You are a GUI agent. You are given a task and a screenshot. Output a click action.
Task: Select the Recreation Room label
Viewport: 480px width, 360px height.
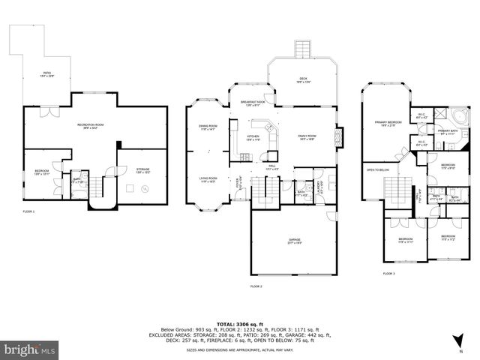click(x=89, y=126)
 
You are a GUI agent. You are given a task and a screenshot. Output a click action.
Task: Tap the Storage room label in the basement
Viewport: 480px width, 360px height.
click(x=142, y=171)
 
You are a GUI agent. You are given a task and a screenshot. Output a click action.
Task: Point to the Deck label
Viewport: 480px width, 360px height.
click(x=303, y=79)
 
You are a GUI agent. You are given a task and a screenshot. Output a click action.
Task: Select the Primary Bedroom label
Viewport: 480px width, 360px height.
click(x=386, y=123)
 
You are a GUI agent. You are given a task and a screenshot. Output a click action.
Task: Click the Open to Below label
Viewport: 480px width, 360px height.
click(x=377, y=170)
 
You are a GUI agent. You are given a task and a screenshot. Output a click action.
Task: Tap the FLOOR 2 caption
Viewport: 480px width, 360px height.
click(x=256, y=286)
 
